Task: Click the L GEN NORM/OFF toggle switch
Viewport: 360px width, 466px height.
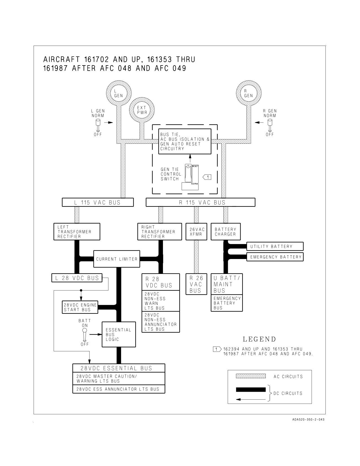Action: click(98, 125)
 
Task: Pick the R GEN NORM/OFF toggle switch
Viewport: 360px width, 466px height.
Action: click(270, 125)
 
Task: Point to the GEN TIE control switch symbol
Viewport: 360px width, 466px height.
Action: click(190, 177)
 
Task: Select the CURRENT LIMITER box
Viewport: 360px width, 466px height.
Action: click(117, 259)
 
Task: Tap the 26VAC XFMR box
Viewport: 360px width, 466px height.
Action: click(197, 232)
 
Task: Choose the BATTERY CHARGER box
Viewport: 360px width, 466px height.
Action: click(226, 232)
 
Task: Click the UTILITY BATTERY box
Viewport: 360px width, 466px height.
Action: click(275, 246)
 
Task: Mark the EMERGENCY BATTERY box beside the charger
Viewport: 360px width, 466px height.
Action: click(275, 257)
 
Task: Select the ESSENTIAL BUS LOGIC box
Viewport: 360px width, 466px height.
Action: click(119, 334)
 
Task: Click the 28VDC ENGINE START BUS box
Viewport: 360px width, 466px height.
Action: click(80, 307)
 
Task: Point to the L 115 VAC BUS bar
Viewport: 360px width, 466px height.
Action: click(98, 202)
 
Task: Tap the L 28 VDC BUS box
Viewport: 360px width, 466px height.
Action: click(77, 278)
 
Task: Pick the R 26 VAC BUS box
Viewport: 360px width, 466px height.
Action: click(197, 284)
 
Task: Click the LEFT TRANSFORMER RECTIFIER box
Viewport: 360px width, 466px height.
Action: click(77, 232)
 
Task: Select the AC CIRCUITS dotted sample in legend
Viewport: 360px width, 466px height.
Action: click(251, 376)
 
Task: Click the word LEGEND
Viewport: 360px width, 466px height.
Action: click(259, 339)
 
